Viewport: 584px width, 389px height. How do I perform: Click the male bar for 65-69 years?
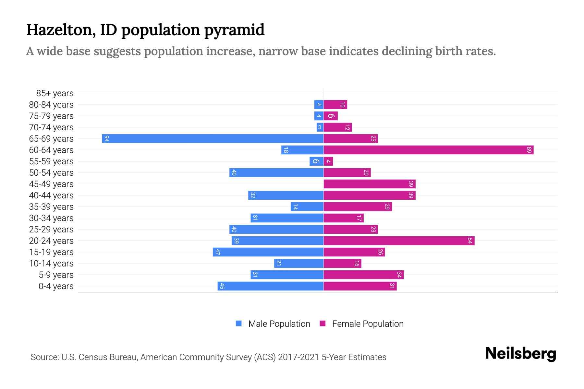[x=213, y=139]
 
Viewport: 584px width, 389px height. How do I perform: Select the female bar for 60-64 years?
[x=428, y=150]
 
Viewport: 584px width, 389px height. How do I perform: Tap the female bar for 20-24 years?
[x=399, y=241]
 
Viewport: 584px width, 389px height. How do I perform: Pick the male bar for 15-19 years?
[x=268, y=252]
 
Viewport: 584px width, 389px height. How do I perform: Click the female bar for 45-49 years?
[x=370, y=184]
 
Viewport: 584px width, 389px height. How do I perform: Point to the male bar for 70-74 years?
[x=320, y=127]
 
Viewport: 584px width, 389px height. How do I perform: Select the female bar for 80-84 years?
[x=335, y=105]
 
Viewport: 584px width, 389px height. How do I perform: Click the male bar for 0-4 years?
[x=270, y=286]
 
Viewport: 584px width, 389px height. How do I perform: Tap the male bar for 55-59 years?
[x=316, y=161]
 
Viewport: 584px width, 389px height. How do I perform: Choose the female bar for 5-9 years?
[x=363, y=275]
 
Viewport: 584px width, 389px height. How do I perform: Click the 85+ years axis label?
[x=55, y=93]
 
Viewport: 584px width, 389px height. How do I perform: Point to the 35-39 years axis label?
[x=51, y=207]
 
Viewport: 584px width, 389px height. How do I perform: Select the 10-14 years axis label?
[x=51, y=264]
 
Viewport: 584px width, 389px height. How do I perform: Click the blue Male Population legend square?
[x=239, y=324]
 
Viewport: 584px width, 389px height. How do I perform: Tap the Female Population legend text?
[x=368, y=324]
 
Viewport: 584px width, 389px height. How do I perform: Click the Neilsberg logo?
[x=520, y=354]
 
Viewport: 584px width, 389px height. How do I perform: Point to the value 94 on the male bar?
[x=106, y=139]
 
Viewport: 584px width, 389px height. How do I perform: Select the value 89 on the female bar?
[x=529, y=150]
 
